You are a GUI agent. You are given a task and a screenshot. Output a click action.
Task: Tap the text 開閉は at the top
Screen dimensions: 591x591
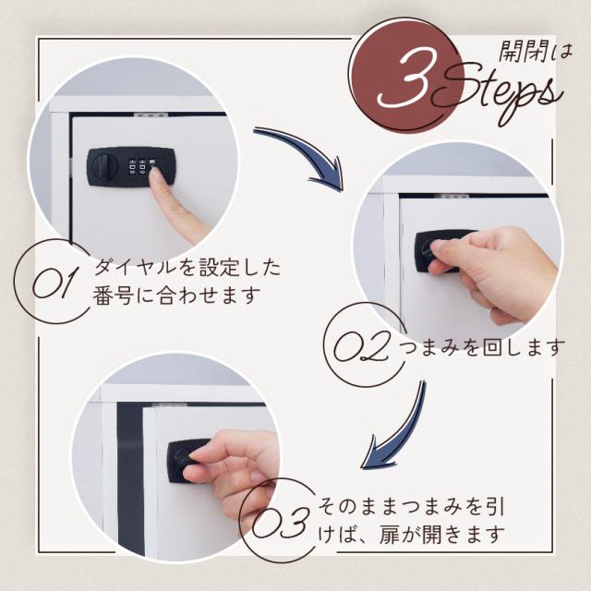click(536, 51)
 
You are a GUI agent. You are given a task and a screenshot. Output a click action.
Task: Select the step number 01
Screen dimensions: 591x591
click(52, 282)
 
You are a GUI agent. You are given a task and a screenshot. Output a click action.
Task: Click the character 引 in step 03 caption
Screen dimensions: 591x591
click(493, 507)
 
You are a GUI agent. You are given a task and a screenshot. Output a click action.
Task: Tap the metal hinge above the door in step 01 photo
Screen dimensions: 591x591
click(150, 114)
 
